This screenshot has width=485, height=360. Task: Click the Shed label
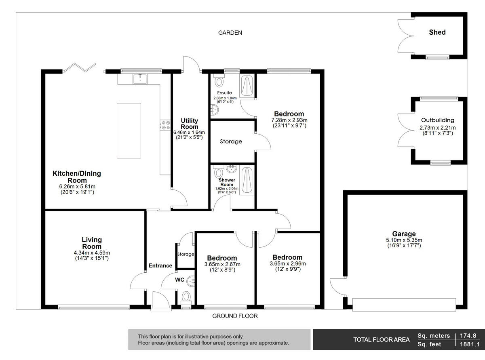click(x=437, y=32)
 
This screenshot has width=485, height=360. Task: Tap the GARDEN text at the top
click(x=230, y=33)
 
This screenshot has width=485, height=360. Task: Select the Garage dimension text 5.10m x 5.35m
click(x=404, y=240)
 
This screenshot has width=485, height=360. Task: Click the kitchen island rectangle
click(x=129, y=131)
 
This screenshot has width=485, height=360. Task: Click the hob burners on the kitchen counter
click(x=165, y=126)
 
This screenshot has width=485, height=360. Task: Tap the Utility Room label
click(x=189, y=124)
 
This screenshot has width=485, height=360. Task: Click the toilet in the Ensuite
click(x=219, y=82)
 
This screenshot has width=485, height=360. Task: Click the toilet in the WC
click(x=186, y=297)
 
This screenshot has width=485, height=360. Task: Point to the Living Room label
click(x=92, y=243)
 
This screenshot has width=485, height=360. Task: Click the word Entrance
click(x=160, y=265)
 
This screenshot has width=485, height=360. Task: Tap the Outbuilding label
click(x=437, y=120)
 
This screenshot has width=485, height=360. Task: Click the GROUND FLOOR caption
click(x=235, y=316)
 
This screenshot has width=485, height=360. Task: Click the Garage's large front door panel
click(x=404, y=304)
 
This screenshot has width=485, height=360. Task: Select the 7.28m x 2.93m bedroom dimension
click(x=289, y=120)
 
